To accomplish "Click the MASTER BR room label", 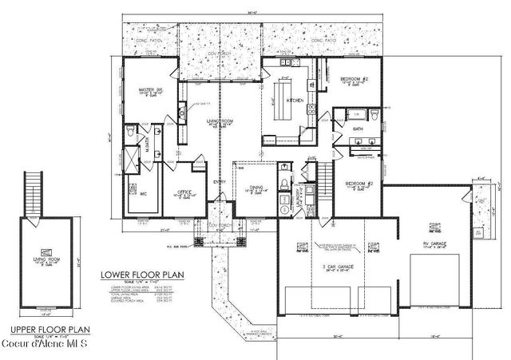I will tap(149, 90).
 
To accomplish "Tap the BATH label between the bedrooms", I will tap(358, 128).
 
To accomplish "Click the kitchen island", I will tap(283, 100).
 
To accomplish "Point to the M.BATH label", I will tap(146, 144).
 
